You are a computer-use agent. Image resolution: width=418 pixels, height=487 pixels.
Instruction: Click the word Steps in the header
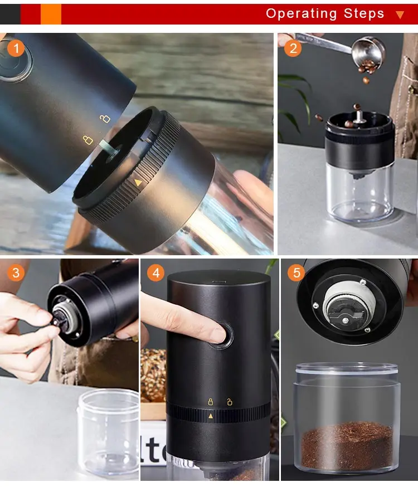(364, 13)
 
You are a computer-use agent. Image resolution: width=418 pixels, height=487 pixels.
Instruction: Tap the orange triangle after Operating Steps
(400, 15)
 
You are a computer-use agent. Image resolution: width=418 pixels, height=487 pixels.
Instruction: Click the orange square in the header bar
(51, 14)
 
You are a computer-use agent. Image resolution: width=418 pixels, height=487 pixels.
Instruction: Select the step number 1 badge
(16, 48)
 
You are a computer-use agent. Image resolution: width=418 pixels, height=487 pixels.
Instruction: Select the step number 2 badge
(292, 48)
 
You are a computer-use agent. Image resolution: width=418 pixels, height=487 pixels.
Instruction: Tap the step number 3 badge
(16, 273)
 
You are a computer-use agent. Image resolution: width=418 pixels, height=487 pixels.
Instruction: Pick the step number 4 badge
(156, 273)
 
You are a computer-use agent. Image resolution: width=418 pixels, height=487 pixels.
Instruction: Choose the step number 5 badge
(296, 273)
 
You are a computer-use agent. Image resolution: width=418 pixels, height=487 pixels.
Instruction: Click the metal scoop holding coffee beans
(368, 49)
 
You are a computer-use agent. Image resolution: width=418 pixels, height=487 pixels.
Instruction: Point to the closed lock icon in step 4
(211, 401)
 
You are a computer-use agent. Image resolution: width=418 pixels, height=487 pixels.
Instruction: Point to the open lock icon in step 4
(229, 401)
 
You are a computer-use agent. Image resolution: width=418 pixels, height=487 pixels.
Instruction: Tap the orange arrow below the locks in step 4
(211, 416)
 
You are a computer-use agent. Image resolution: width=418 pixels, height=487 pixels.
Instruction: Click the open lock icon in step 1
(105, 118)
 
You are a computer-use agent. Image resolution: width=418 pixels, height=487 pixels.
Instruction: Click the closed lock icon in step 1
(88, 140)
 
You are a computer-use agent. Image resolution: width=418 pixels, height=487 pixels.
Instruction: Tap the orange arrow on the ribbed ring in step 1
(138, 182)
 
